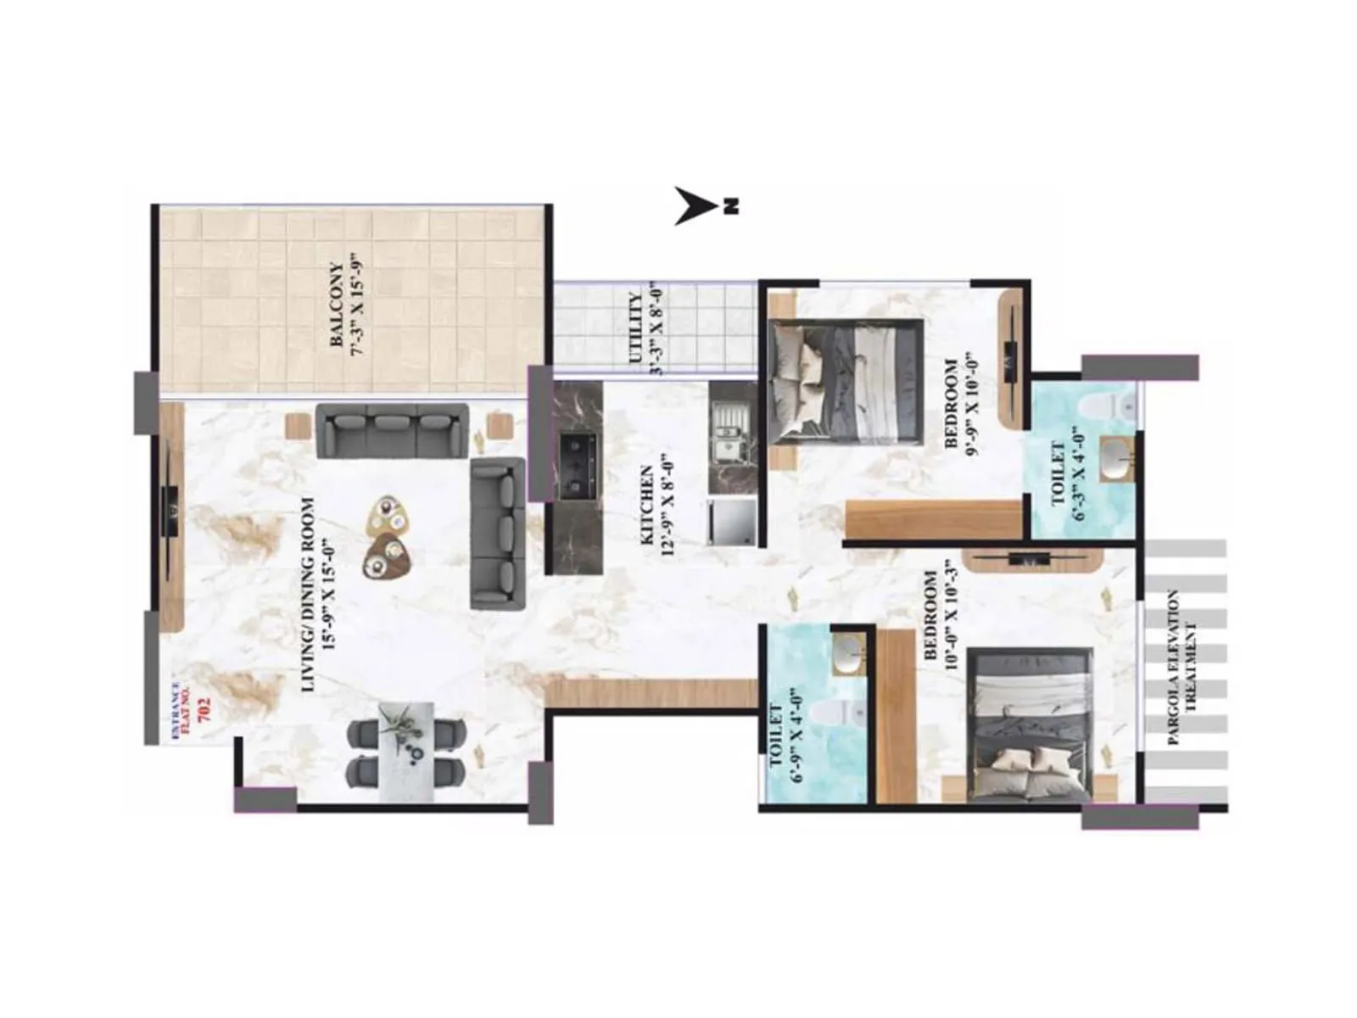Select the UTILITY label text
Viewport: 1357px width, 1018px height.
(635, 329)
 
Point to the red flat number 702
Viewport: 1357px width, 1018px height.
(203, 709)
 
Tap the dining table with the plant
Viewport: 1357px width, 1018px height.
(405, 752)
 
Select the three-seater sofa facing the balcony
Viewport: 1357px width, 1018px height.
(392, 430)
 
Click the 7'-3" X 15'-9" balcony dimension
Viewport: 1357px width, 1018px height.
(357, 305)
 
